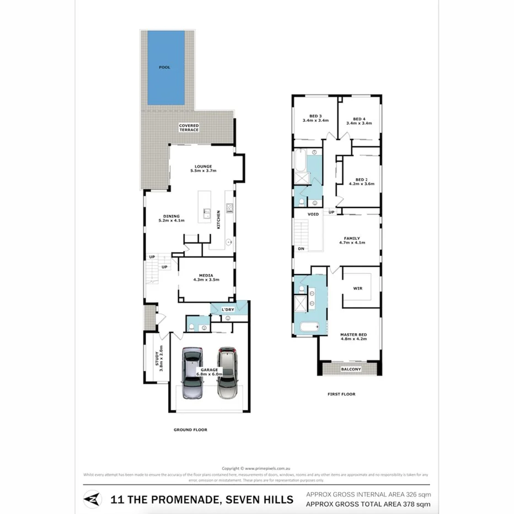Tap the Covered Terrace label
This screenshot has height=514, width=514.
pos(189,127)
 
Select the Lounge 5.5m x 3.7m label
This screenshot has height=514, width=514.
pos(203,168)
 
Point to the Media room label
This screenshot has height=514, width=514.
pos(206,277)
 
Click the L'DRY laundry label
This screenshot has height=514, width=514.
pos(228,309)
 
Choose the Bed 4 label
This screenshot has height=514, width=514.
pos(359,121)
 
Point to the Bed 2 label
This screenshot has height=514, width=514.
pos(361,181)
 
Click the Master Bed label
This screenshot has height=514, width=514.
pos(354,336)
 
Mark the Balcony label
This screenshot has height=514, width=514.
pos(351,369)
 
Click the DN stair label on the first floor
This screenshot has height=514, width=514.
pos(301,249)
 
